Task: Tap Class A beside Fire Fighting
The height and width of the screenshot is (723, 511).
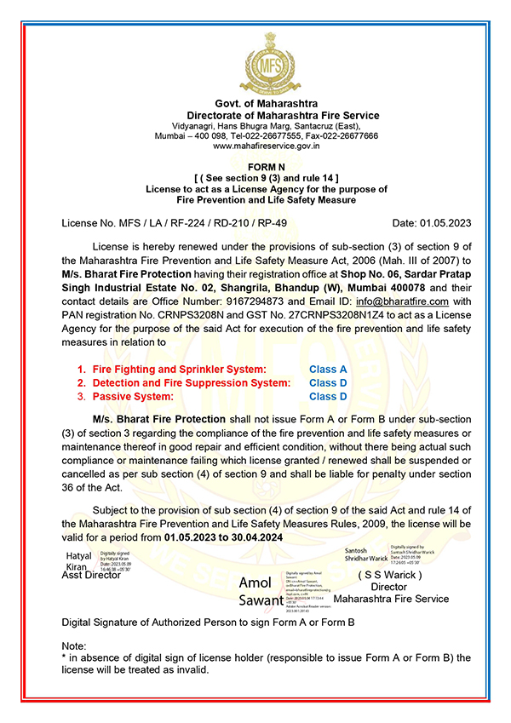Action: point(328,370)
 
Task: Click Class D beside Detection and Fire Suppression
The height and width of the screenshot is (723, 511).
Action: point(328,383)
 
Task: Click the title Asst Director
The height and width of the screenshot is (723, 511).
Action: point(92,575)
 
